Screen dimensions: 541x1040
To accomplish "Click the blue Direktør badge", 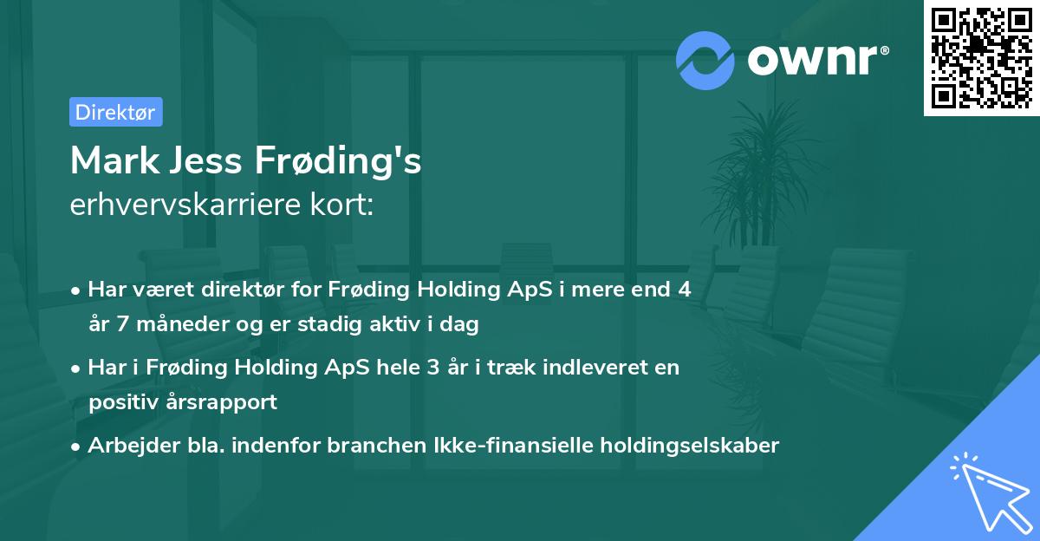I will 115,112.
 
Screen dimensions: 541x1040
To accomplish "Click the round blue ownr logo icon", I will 705,61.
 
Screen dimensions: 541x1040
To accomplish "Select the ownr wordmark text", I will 816,61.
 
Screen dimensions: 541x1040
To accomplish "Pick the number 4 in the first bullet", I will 685,290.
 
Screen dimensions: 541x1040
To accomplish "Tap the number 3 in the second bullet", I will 432,367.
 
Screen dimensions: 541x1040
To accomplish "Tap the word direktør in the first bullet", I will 250,290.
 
